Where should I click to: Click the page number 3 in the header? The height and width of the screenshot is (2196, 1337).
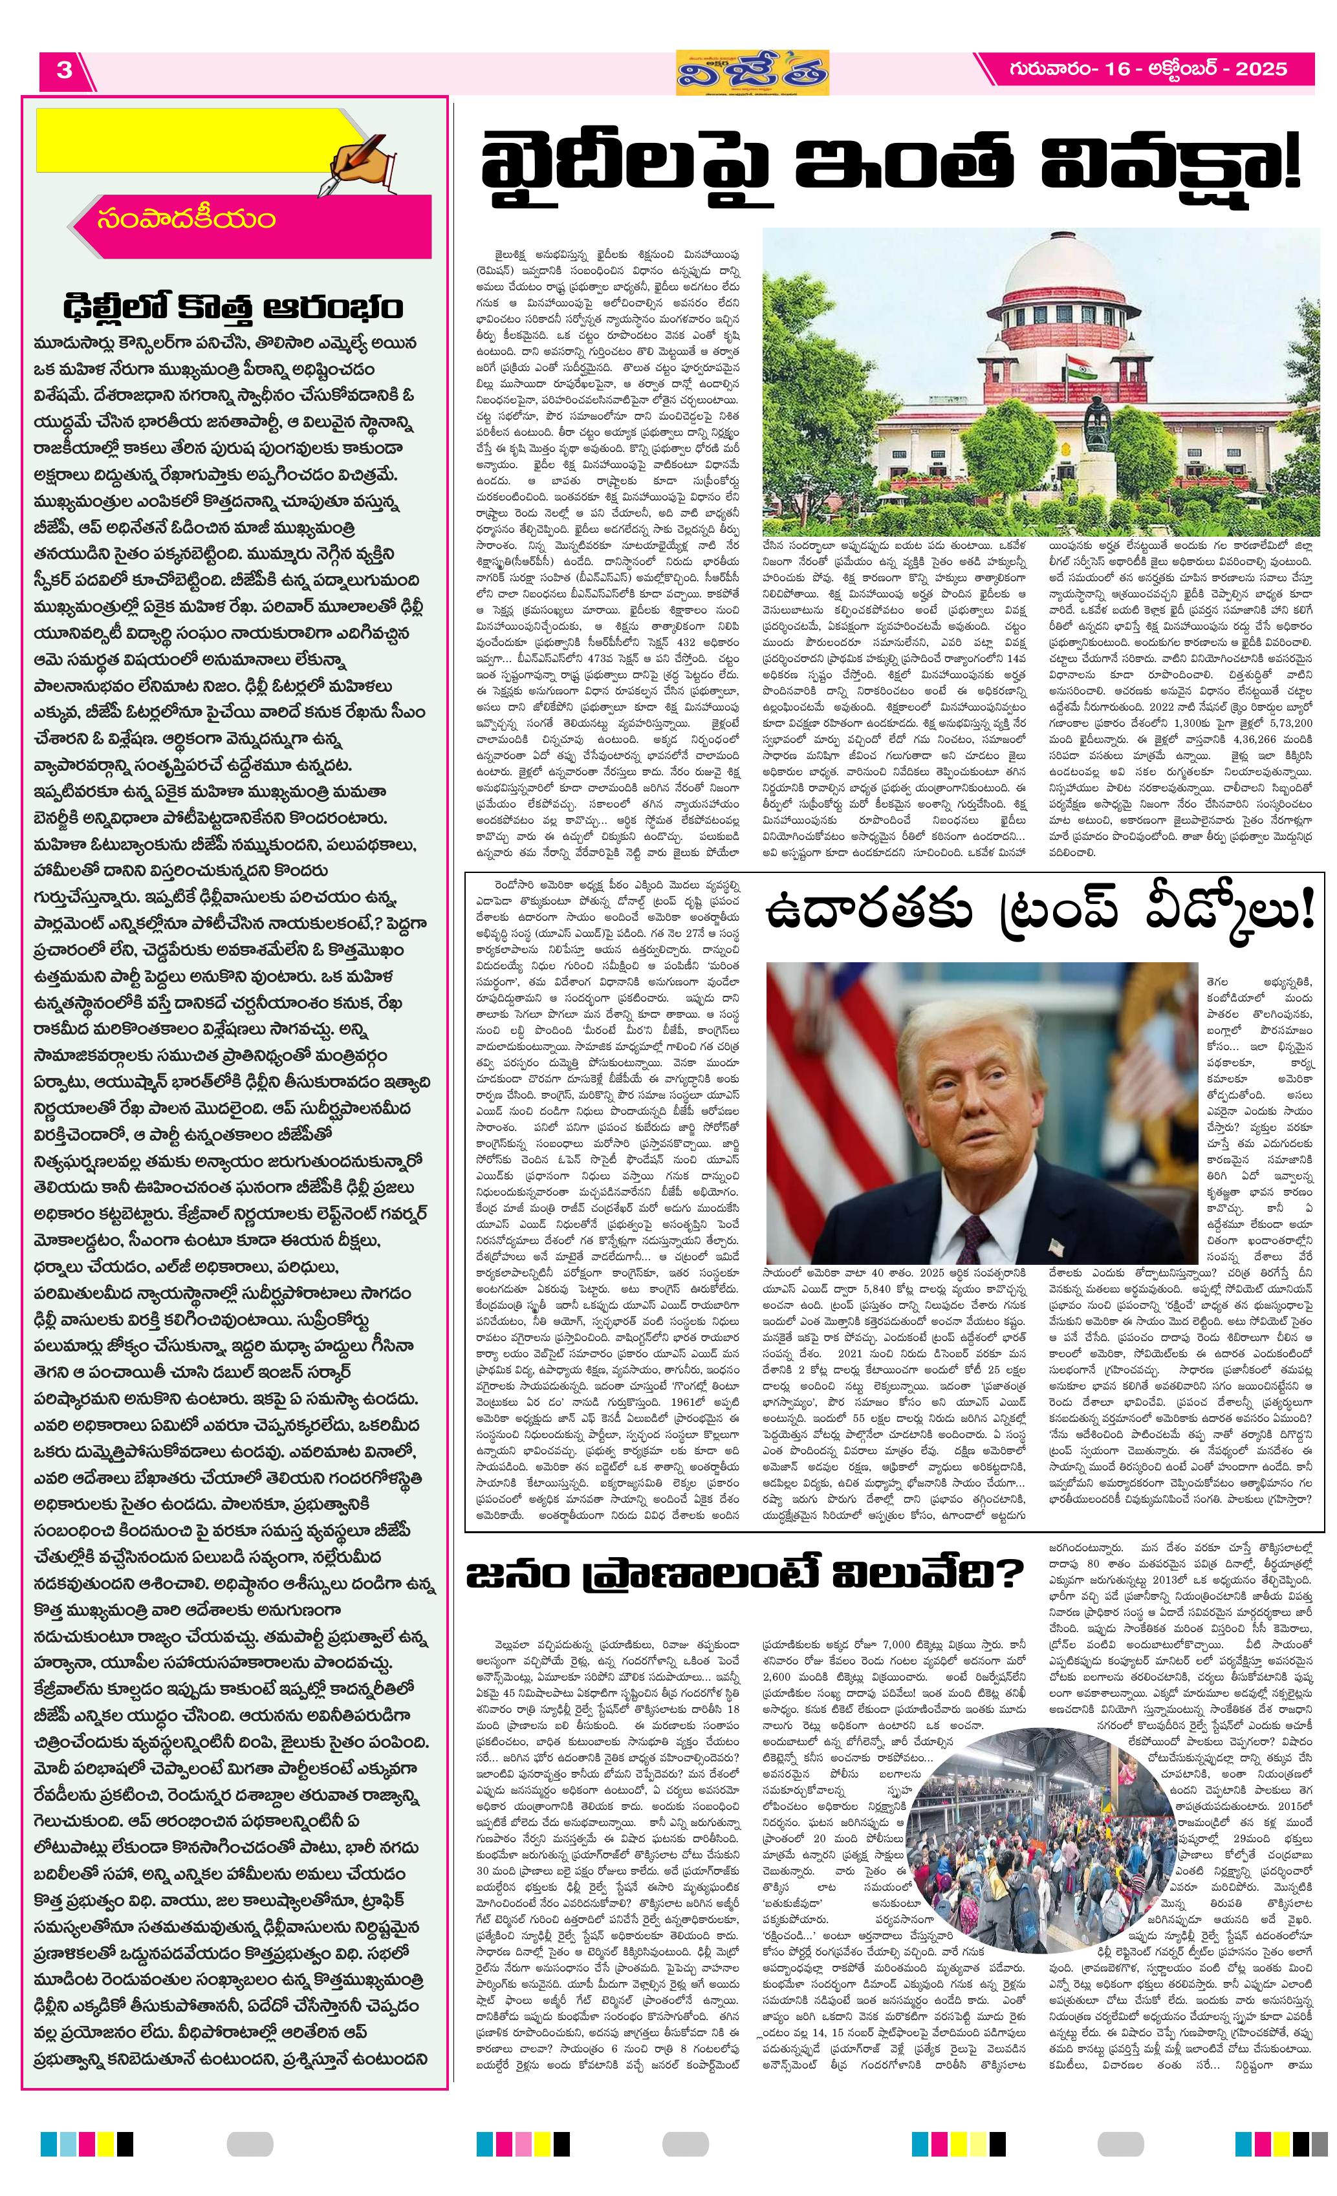(64, 70)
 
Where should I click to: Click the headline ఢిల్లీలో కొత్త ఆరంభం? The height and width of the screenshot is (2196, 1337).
(234, 307)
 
